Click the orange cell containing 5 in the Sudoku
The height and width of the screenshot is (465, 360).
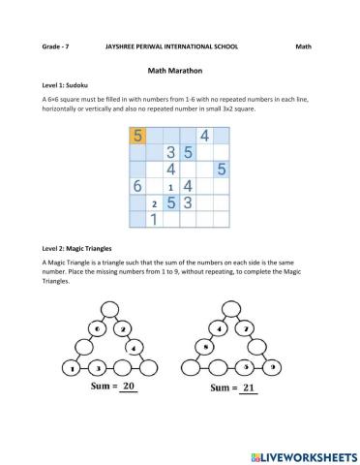coord(137,136)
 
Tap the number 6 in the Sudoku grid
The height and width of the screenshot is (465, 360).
coord(137,185)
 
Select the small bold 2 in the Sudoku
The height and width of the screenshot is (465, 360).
coord(155,204)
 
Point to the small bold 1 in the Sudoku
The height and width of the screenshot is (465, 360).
coord(171,187)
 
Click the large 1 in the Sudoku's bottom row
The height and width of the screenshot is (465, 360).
coord(154,219)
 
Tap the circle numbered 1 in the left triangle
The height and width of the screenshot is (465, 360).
coord(74,368)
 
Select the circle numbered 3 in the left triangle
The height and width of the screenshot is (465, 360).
coord(97,368)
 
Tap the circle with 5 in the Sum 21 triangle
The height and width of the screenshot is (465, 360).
coord(248,367)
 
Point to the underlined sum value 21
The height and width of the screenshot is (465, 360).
coord(249,387)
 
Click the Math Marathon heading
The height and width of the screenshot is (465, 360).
coord(179,71)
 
